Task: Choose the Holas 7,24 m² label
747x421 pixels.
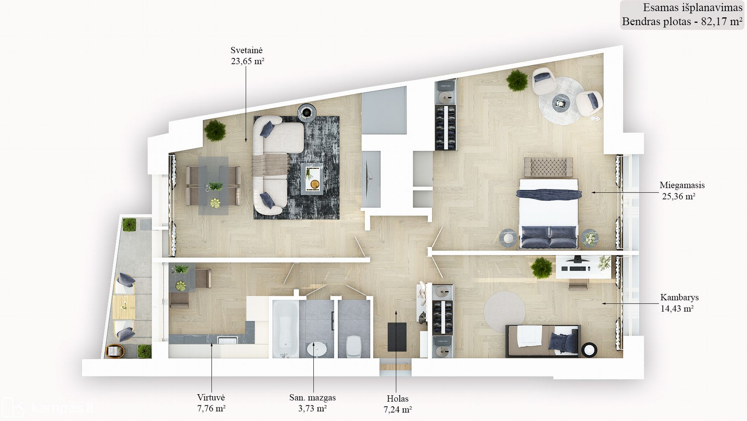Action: tap(397, 404)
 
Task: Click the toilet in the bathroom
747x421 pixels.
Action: tap(353, 346)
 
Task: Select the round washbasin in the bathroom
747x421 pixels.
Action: tap(316, 349)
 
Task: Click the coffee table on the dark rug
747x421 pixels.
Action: tap(312, 179)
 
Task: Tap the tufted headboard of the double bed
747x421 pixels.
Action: tap(548, 167)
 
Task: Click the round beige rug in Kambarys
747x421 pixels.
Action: tap(504, 312)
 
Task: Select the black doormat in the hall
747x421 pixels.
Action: tap(397, 337)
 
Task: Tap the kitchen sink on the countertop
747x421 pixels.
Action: tap(228, 339)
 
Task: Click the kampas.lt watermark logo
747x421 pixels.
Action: tap(47, 408)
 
